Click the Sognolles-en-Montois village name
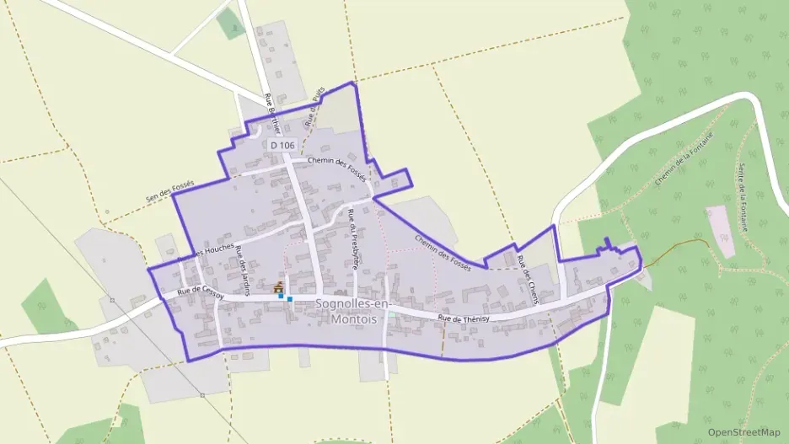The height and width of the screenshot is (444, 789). pyautogui.click(x=347, y=310)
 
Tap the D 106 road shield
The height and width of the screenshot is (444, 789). pyautogui.click(x=282, y=146)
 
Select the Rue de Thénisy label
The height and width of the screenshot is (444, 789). pyautogui.click(x=464, y=318)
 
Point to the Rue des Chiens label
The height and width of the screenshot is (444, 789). pyautogui.click(x=528, y=273)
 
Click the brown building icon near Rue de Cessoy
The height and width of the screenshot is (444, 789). pyautogui.click(x=279, y=286)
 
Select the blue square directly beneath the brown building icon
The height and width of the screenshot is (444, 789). pyautogui.click(x=281, y=296)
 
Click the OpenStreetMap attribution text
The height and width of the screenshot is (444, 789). pyautogui.click(x=744, y=432)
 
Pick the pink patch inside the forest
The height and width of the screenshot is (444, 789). pyautogui.click(x=721, y=228)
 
